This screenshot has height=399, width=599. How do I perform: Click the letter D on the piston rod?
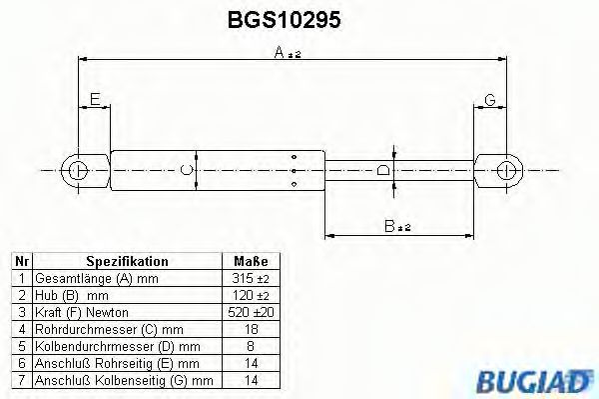pos(382,170)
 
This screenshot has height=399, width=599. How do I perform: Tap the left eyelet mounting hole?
pos(80,169)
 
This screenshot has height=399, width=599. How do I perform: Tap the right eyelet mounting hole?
pos(509,169)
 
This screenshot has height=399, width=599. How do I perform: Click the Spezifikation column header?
pos(126,262)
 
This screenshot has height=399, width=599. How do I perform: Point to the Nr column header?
pos(22,262)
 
